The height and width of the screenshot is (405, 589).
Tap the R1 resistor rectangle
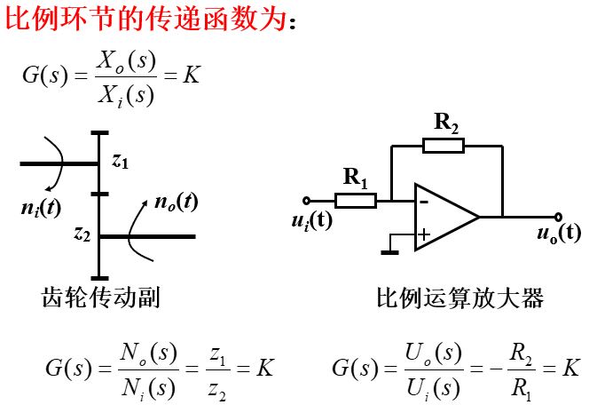click(x=356, y=201)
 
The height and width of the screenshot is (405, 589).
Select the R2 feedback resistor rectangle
click(x=443, y=146)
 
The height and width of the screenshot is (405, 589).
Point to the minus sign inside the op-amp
click(x=424, y=202)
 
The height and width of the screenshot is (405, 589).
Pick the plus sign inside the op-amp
click(x=424, y=234)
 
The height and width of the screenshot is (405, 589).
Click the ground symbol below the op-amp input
click(x=389, y=252)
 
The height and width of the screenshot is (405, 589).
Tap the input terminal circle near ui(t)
click(x=306, y=201)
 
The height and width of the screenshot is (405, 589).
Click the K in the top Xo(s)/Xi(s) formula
click(x=192, y=75)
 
